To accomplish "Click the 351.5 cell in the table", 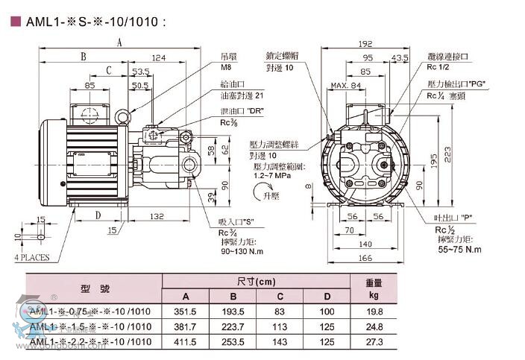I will click(186, 311).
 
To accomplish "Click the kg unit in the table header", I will click(374, 296).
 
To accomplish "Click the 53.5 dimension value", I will click(140, 71).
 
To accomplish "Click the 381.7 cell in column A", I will click(186, 326).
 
